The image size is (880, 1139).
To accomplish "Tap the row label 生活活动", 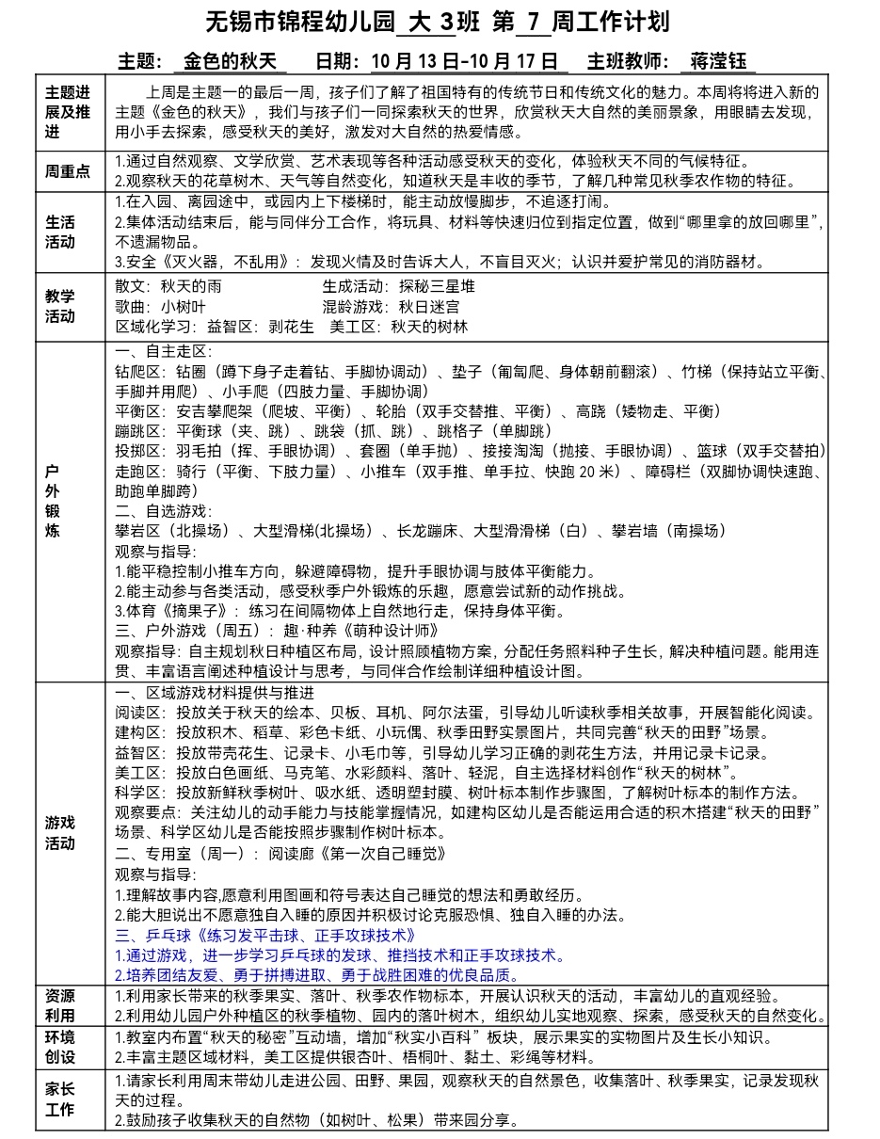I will (x=61, y=232).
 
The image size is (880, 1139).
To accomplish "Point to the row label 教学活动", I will (x=61, y=306).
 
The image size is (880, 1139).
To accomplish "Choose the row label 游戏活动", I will (x=61, y=832).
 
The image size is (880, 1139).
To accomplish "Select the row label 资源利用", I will (x=61, y=1005).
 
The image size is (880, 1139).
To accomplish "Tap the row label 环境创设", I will (x=61, y=1047).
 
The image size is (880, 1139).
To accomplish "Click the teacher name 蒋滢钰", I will (x=718, y=62).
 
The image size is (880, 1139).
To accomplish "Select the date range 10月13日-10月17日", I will (x=465, y=62).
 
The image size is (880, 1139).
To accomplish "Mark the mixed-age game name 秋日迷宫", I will (x=429, y=307).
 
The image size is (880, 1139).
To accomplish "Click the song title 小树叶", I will (x=184, y=307).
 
